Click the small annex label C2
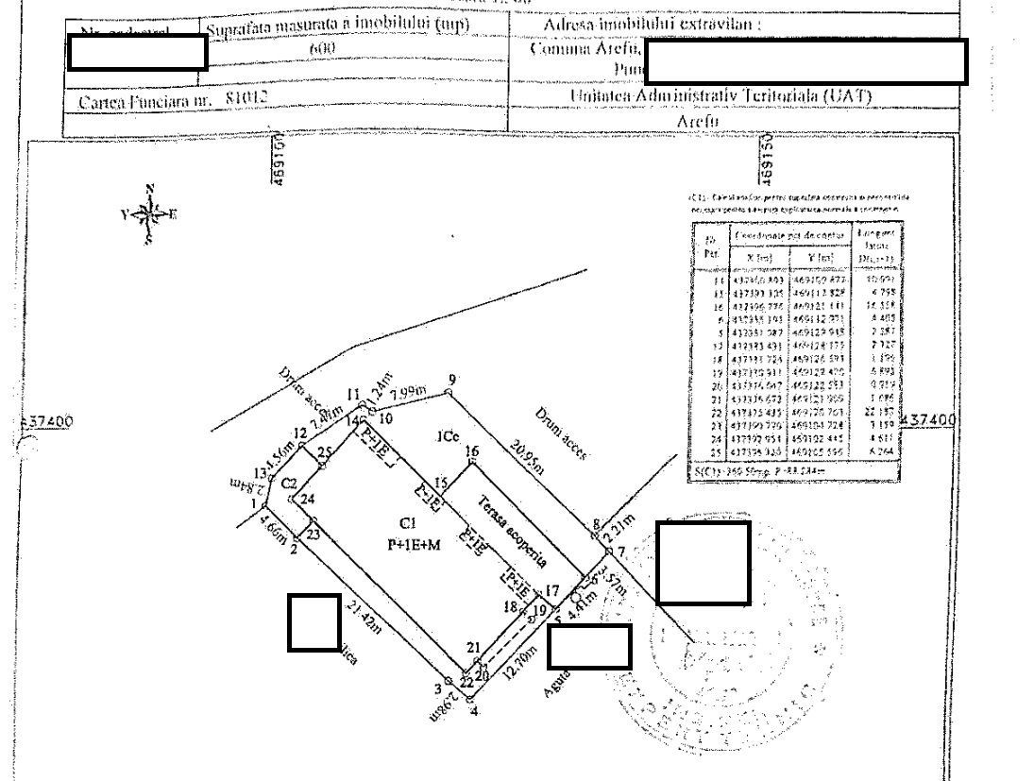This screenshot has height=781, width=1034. (x=290, y=483)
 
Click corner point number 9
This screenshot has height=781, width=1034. (x=451, y=380)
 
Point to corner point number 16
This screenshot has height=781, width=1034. (x=471, y=452)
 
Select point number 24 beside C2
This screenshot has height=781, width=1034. (x=306, y=500)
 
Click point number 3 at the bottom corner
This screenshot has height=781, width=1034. (x=438, y=688)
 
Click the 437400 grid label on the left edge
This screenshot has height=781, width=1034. (x=47, y=421)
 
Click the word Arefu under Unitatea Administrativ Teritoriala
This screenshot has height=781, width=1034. (x=698, y=122)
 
